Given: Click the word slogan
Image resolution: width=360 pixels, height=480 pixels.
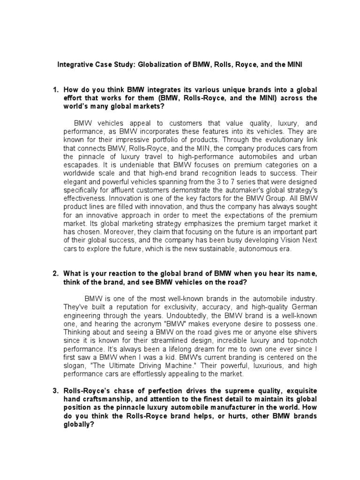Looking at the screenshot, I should (x=75, y=365).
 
